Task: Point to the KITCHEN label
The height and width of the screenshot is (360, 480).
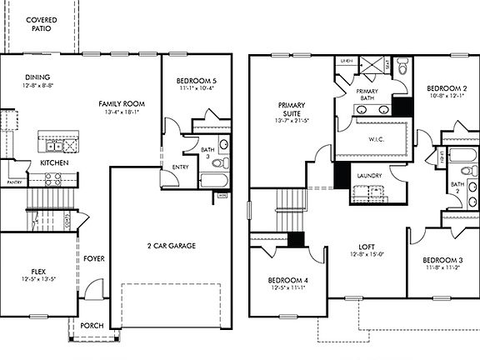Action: pos(55,163)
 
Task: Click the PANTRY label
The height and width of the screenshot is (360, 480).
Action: pos(14,181)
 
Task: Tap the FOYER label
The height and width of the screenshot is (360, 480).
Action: pos(93,258)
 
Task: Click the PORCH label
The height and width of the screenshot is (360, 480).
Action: pos(92,325)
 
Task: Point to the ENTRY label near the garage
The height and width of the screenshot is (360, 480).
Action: pos(180,167)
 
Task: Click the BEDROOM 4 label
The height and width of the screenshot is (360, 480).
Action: pos(287,279)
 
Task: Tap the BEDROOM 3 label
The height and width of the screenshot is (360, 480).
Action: pos(442,261)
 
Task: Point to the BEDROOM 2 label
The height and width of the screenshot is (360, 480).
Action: pos(446,87)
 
